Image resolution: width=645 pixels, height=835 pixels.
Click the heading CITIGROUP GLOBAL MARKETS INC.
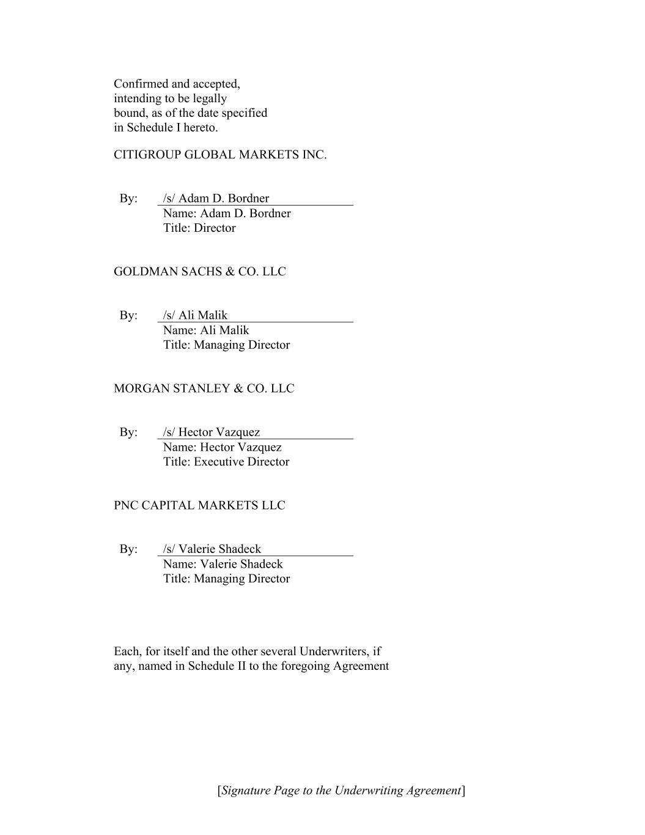pos(220,155)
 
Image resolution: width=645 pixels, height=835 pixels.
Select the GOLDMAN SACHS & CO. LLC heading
pos(199,272)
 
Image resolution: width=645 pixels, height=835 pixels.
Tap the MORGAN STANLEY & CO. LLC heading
pos(204,388)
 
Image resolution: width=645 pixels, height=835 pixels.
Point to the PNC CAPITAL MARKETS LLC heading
pos(199,505)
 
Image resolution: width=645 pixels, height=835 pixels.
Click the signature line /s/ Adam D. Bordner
pos(216,198)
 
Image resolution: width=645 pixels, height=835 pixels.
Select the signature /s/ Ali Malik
pos(195,315)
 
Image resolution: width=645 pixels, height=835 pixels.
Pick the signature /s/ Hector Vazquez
pos(212,432)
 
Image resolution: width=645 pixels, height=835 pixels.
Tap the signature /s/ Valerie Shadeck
pos(212,549)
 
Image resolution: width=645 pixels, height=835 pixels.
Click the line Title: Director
pos(199,228)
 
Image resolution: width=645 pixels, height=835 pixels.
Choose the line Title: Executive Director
pos(226,462)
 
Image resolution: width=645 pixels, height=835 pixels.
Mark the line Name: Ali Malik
pos(206,330)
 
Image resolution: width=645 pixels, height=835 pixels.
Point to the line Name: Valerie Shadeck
pos(223,564)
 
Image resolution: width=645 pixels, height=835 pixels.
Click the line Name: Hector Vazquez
pos(223,447)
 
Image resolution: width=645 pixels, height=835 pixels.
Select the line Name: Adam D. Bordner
pos(227,213)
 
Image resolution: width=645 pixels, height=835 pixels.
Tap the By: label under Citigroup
pos(128,198)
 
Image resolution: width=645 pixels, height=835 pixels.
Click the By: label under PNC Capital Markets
pos(128,549)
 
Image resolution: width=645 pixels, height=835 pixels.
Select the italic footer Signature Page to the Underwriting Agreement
pos(341,790)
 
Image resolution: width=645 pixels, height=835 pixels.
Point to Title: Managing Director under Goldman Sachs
pos(226,345)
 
